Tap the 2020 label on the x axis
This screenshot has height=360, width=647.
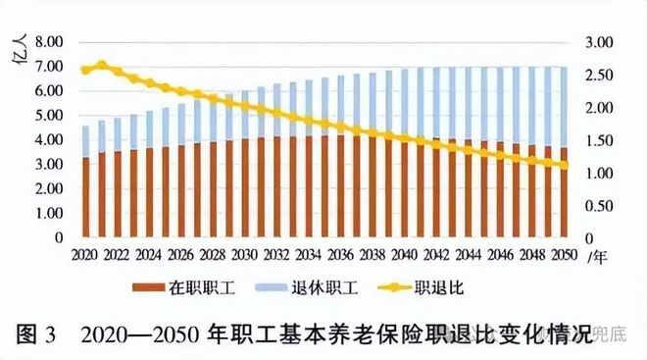[x=84, y=254]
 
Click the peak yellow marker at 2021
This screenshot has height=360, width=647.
[x=101, y=66]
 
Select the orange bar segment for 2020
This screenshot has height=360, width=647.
[x=85, y=197]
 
